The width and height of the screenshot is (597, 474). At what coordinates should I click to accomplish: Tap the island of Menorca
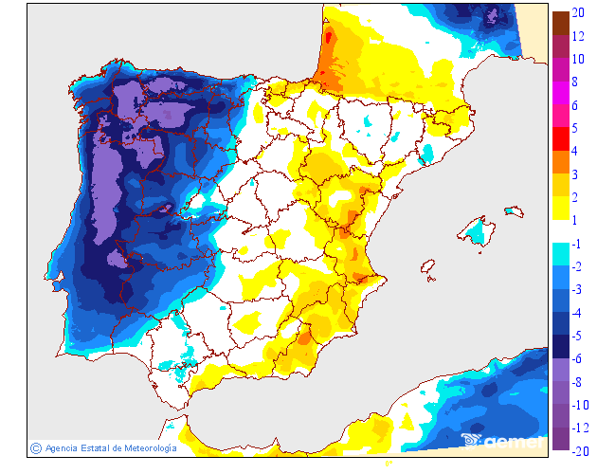pos(514,210)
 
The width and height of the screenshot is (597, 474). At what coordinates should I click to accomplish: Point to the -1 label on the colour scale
pos(577,244)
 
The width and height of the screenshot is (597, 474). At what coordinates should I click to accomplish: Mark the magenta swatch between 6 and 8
pos(560,93)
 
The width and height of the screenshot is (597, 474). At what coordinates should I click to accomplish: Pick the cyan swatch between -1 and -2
pos(560,255)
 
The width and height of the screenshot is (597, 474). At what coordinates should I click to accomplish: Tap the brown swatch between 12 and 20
pos(560,23)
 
